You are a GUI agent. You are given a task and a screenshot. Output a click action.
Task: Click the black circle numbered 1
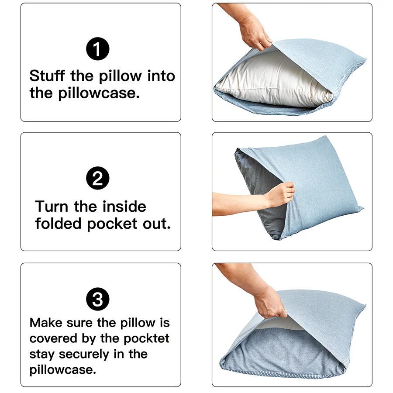point(98,49)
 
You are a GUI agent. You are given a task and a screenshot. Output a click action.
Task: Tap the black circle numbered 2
point(98,179)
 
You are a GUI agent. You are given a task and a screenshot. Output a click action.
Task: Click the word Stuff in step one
point(48,76)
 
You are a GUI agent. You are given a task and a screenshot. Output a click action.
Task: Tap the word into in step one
point(161,76)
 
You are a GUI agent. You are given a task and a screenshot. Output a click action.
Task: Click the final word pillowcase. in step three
point(63,370)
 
